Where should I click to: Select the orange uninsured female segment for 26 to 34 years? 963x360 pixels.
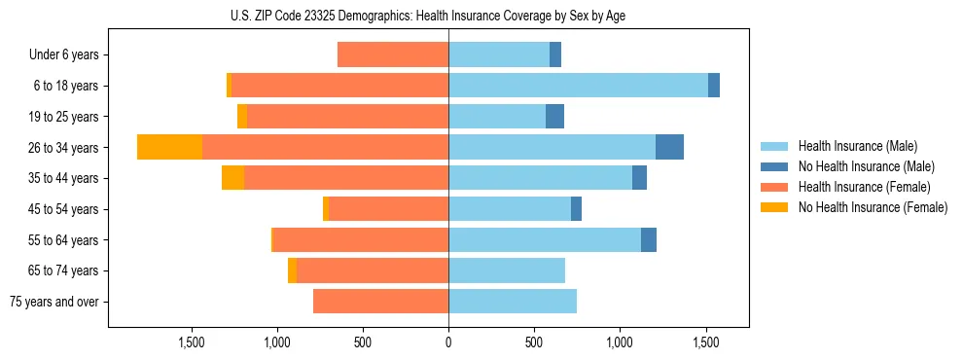click(x=169, y=147)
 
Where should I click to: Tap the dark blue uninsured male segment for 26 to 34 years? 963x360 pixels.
click(x=669, y=147)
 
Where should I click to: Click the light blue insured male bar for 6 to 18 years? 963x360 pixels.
click(x=578, y=86)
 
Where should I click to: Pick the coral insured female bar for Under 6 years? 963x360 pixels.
click(x=393, y=54)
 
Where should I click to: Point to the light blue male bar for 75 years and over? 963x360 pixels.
click(x=513, y=302)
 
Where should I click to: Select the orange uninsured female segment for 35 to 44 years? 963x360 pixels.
click(x=232, y=178)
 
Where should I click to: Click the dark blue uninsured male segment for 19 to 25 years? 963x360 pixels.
click(x=554, y=117)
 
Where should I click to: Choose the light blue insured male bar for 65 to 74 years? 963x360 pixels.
click(x=507, y=270)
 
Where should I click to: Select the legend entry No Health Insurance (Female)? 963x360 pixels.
click(x=873, y=207)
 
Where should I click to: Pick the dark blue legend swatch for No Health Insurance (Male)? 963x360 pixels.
click(x=774, y=166)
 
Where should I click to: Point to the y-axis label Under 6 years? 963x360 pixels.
click(x=64, y=55)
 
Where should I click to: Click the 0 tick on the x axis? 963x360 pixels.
click(x=448, y=342)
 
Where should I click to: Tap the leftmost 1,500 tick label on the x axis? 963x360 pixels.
click(x=192, y=342)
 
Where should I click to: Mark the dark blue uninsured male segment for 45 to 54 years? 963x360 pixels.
click(x=576, y=209)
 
